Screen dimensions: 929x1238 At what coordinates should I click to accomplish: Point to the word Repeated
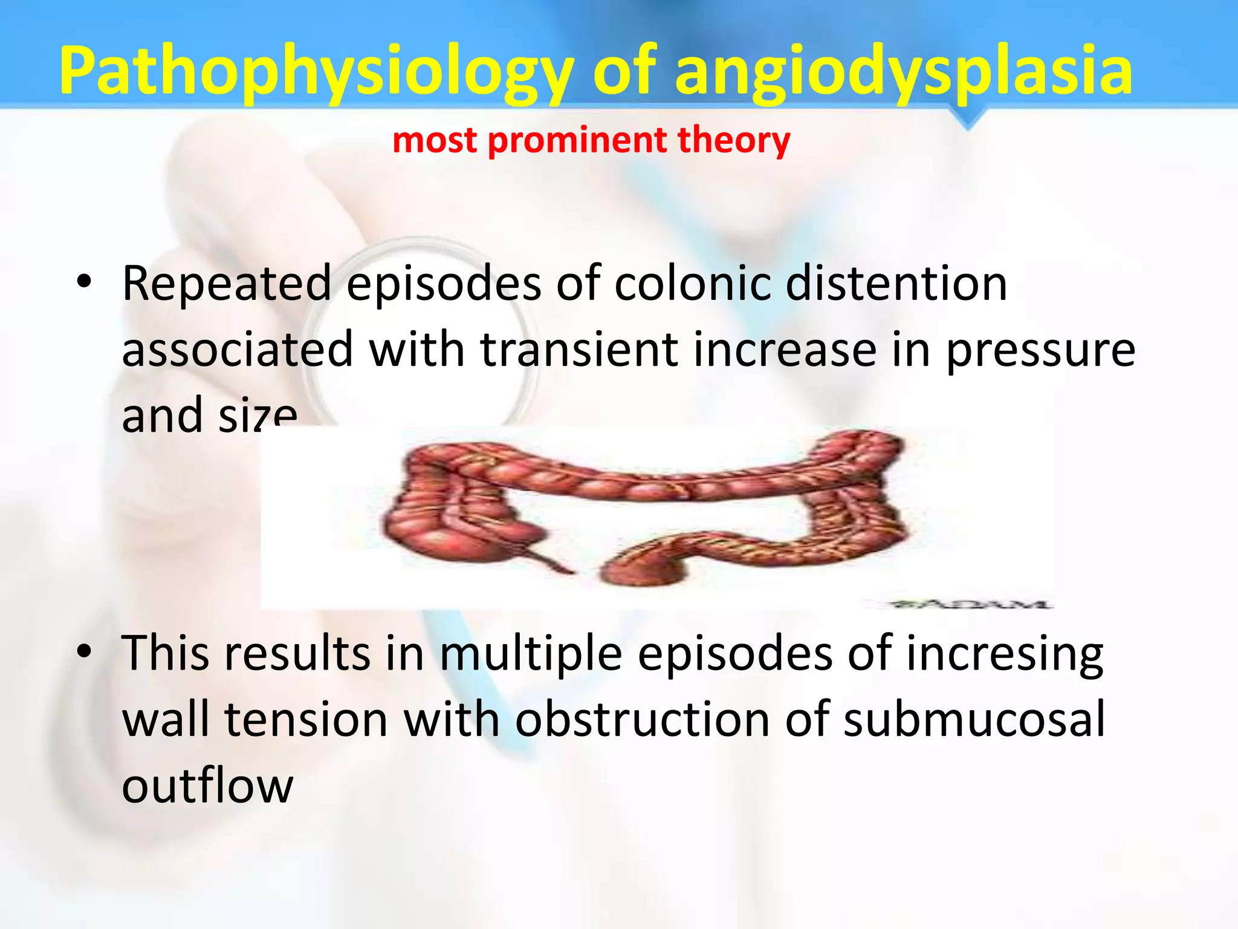(227, 283)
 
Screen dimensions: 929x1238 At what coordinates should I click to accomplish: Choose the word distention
(896, 283)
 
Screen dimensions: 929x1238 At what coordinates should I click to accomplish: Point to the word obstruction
(642, 720)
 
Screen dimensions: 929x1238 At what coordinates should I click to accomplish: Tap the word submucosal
(974, 720)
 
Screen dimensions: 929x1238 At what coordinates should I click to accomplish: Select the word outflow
(207, 786)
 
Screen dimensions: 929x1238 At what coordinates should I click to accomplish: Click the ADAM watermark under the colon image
(971, 604)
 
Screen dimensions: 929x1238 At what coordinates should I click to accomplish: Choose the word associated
(238, 350)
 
